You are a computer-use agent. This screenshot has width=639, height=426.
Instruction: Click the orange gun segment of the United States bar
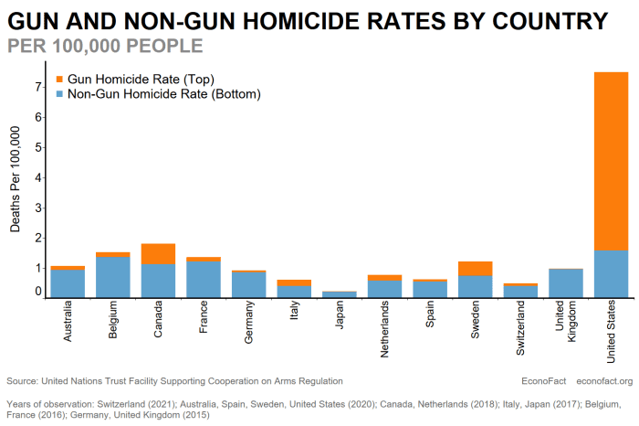pyautogui.click(x=611, y=161)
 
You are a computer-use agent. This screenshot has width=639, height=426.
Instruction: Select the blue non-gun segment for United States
pyautogui.click(x=611, y=274)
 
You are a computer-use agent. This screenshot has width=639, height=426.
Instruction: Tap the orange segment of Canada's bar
pyautogui.click(x=158, y=254)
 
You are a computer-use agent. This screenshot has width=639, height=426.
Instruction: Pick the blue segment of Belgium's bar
pyautogui.click(x=113, y=277)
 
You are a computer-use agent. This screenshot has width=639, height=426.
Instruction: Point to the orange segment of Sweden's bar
pyautogui.click(x=476, y=269)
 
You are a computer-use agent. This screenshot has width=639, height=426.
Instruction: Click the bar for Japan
pyautogui.click(x=340, y=294)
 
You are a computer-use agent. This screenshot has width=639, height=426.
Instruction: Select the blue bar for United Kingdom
pyautogui.click(x=566, y=283)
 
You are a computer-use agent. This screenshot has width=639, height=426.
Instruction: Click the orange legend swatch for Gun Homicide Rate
pyautogui.click(x=59, y=80)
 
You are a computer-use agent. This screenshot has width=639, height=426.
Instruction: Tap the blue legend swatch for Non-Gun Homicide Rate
pyautogui.click(x=59, y=94)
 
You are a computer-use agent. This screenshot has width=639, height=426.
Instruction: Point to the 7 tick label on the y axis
pyautogui.click(x=38, y=87)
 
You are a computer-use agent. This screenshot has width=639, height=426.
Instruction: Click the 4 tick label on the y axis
pyautogui.click(x=38, y=177)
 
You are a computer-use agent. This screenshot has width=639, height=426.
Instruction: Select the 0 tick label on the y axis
pyautogui.click(x=38, y=292)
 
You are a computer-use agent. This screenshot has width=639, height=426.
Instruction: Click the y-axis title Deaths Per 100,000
pyautogui.click(x=16, y=179)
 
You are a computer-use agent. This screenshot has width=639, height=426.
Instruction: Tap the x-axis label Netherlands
pyautogui.click(x=384, y=329)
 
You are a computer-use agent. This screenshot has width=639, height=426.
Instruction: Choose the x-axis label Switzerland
pyautogui.click(x=520, y=328)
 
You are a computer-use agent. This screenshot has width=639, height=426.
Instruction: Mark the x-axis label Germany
pyautogui.click(x=248, y=322)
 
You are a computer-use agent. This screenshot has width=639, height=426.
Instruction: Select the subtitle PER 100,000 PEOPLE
pyautogui.click(x=105, y=46)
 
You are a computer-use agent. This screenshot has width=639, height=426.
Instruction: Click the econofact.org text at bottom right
pyautogui.click(x=604, y=381)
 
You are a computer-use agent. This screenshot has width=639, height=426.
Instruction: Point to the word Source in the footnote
pyautogui.click(x=22, y=381)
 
